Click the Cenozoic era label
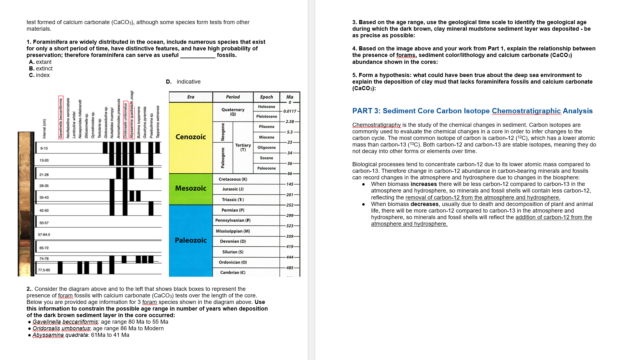pos(191,137)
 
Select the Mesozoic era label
pos(191,188)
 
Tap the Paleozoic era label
pos(191,240)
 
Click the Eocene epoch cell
pos(266,158)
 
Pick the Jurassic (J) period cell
pos(233,189)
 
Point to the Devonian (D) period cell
pos(233,241)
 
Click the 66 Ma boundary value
pos(290,173)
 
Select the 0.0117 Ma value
pos(290,111)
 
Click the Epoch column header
pos(266,97)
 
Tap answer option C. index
pos(39,75)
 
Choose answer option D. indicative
pos(183,82)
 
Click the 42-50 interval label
pos(44,210)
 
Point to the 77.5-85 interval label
pos(44,270)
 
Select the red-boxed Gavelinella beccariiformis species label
pos(61,117)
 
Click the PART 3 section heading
pos(472,111)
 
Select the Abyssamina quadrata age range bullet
pos(81,335)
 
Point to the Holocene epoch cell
pos(266,107)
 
